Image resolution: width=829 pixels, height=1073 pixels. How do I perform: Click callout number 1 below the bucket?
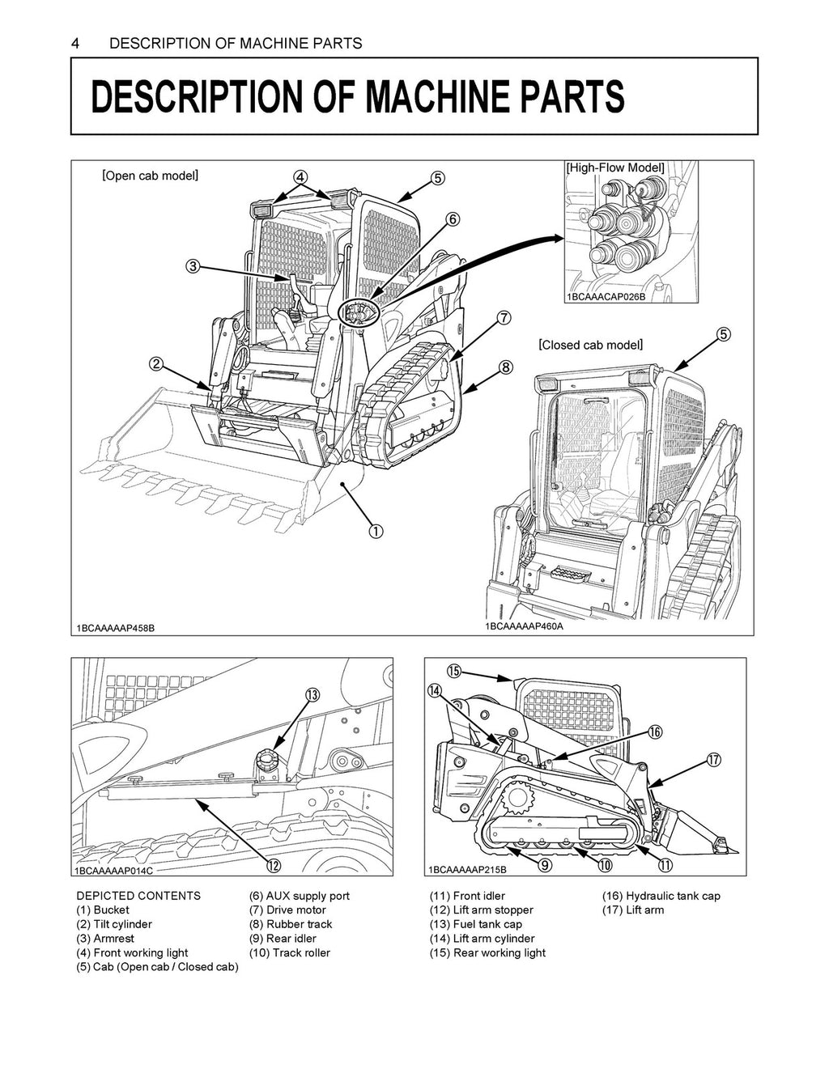click(376, 531)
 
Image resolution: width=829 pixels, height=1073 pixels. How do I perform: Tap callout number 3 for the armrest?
click(193, 266)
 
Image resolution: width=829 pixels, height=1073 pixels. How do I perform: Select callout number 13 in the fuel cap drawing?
click(312, 695)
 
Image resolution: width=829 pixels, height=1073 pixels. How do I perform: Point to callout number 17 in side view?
click(713, 759)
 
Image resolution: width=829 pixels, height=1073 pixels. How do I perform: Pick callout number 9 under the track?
click(545, 866)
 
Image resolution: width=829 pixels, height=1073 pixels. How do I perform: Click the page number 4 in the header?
click(75, 44)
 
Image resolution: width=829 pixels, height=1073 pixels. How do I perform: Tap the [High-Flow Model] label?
click(615, 168)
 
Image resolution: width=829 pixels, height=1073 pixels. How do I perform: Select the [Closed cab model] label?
click(591, 345)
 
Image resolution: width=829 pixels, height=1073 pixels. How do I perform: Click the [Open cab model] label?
click(151, 176)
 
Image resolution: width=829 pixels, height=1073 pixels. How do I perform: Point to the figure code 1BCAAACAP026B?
click(606, 297)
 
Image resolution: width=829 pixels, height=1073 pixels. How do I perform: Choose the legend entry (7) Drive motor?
click(287, 910)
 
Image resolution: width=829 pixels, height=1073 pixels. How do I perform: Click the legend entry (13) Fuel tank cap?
click(475, 924)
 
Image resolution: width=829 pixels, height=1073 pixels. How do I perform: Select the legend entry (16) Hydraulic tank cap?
click(661, 896)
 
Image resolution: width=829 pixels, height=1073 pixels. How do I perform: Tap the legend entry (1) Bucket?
click(103, 910)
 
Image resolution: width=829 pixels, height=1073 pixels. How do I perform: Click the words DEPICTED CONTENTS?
click(138, 896)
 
